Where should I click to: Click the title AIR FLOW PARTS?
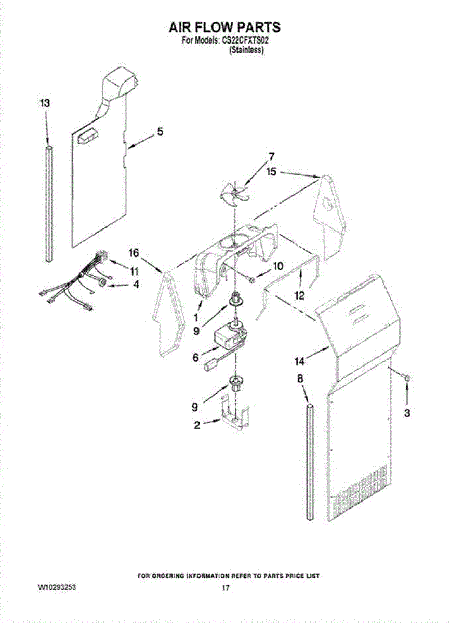[x=225, y=27]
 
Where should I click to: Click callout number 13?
[x=45, y=103]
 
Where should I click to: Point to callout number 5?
[x=160, y=132]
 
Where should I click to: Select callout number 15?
[x=271, y=171]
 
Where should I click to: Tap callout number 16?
[x=134, y=253]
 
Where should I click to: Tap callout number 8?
[x=300, y=379]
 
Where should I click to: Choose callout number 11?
[x=134, y=271]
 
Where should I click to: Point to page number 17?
[x=225, y=588]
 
